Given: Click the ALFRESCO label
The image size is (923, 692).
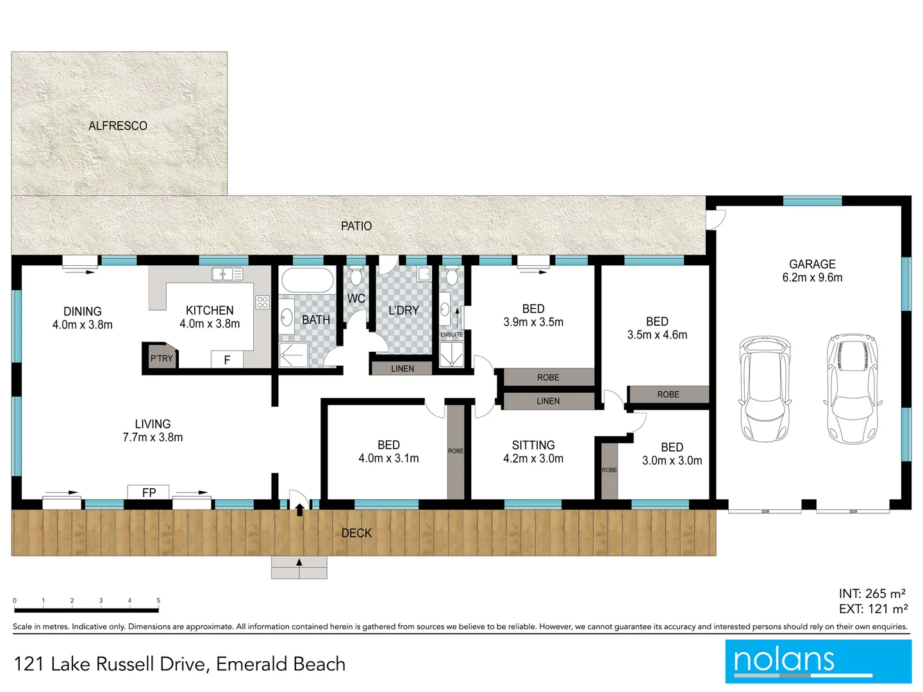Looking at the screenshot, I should coord(118,126).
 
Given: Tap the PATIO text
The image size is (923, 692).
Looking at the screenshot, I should coord(356,226).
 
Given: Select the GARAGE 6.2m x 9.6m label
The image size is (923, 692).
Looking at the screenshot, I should coord(812,270).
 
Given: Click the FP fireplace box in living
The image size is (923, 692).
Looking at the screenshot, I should coord(149,492).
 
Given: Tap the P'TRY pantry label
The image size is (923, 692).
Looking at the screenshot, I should coord(161,359).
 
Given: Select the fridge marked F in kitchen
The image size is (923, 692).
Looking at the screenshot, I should coord(227,360).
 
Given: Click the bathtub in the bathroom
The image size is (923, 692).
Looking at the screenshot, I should coord(308,281).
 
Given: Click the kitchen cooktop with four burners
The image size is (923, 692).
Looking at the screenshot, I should coord(262,302).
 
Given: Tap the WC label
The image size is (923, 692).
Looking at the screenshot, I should coord(356,299).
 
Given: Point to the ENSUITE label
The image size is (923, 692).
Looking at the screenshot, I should coord(451,334).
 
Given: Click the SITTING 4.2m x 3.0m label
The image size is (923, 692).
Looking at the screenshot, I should coord(533,452).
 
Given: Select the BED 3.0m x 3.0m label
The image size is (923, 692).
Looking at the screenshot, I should coord(672,454).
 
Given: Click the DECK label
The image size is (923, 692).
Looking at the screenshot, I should coord(356,533).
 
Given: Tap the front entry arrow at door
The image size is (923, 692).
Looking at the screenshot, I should coord(299,510).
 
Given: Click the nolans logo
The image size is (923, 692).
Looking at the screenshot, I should coord(818,661).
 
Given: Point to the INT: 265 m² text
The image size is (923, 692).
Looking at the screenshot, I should coord(872,594).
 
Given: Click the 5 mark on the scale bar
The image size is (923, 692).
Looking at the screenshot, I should coord(158,601).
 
